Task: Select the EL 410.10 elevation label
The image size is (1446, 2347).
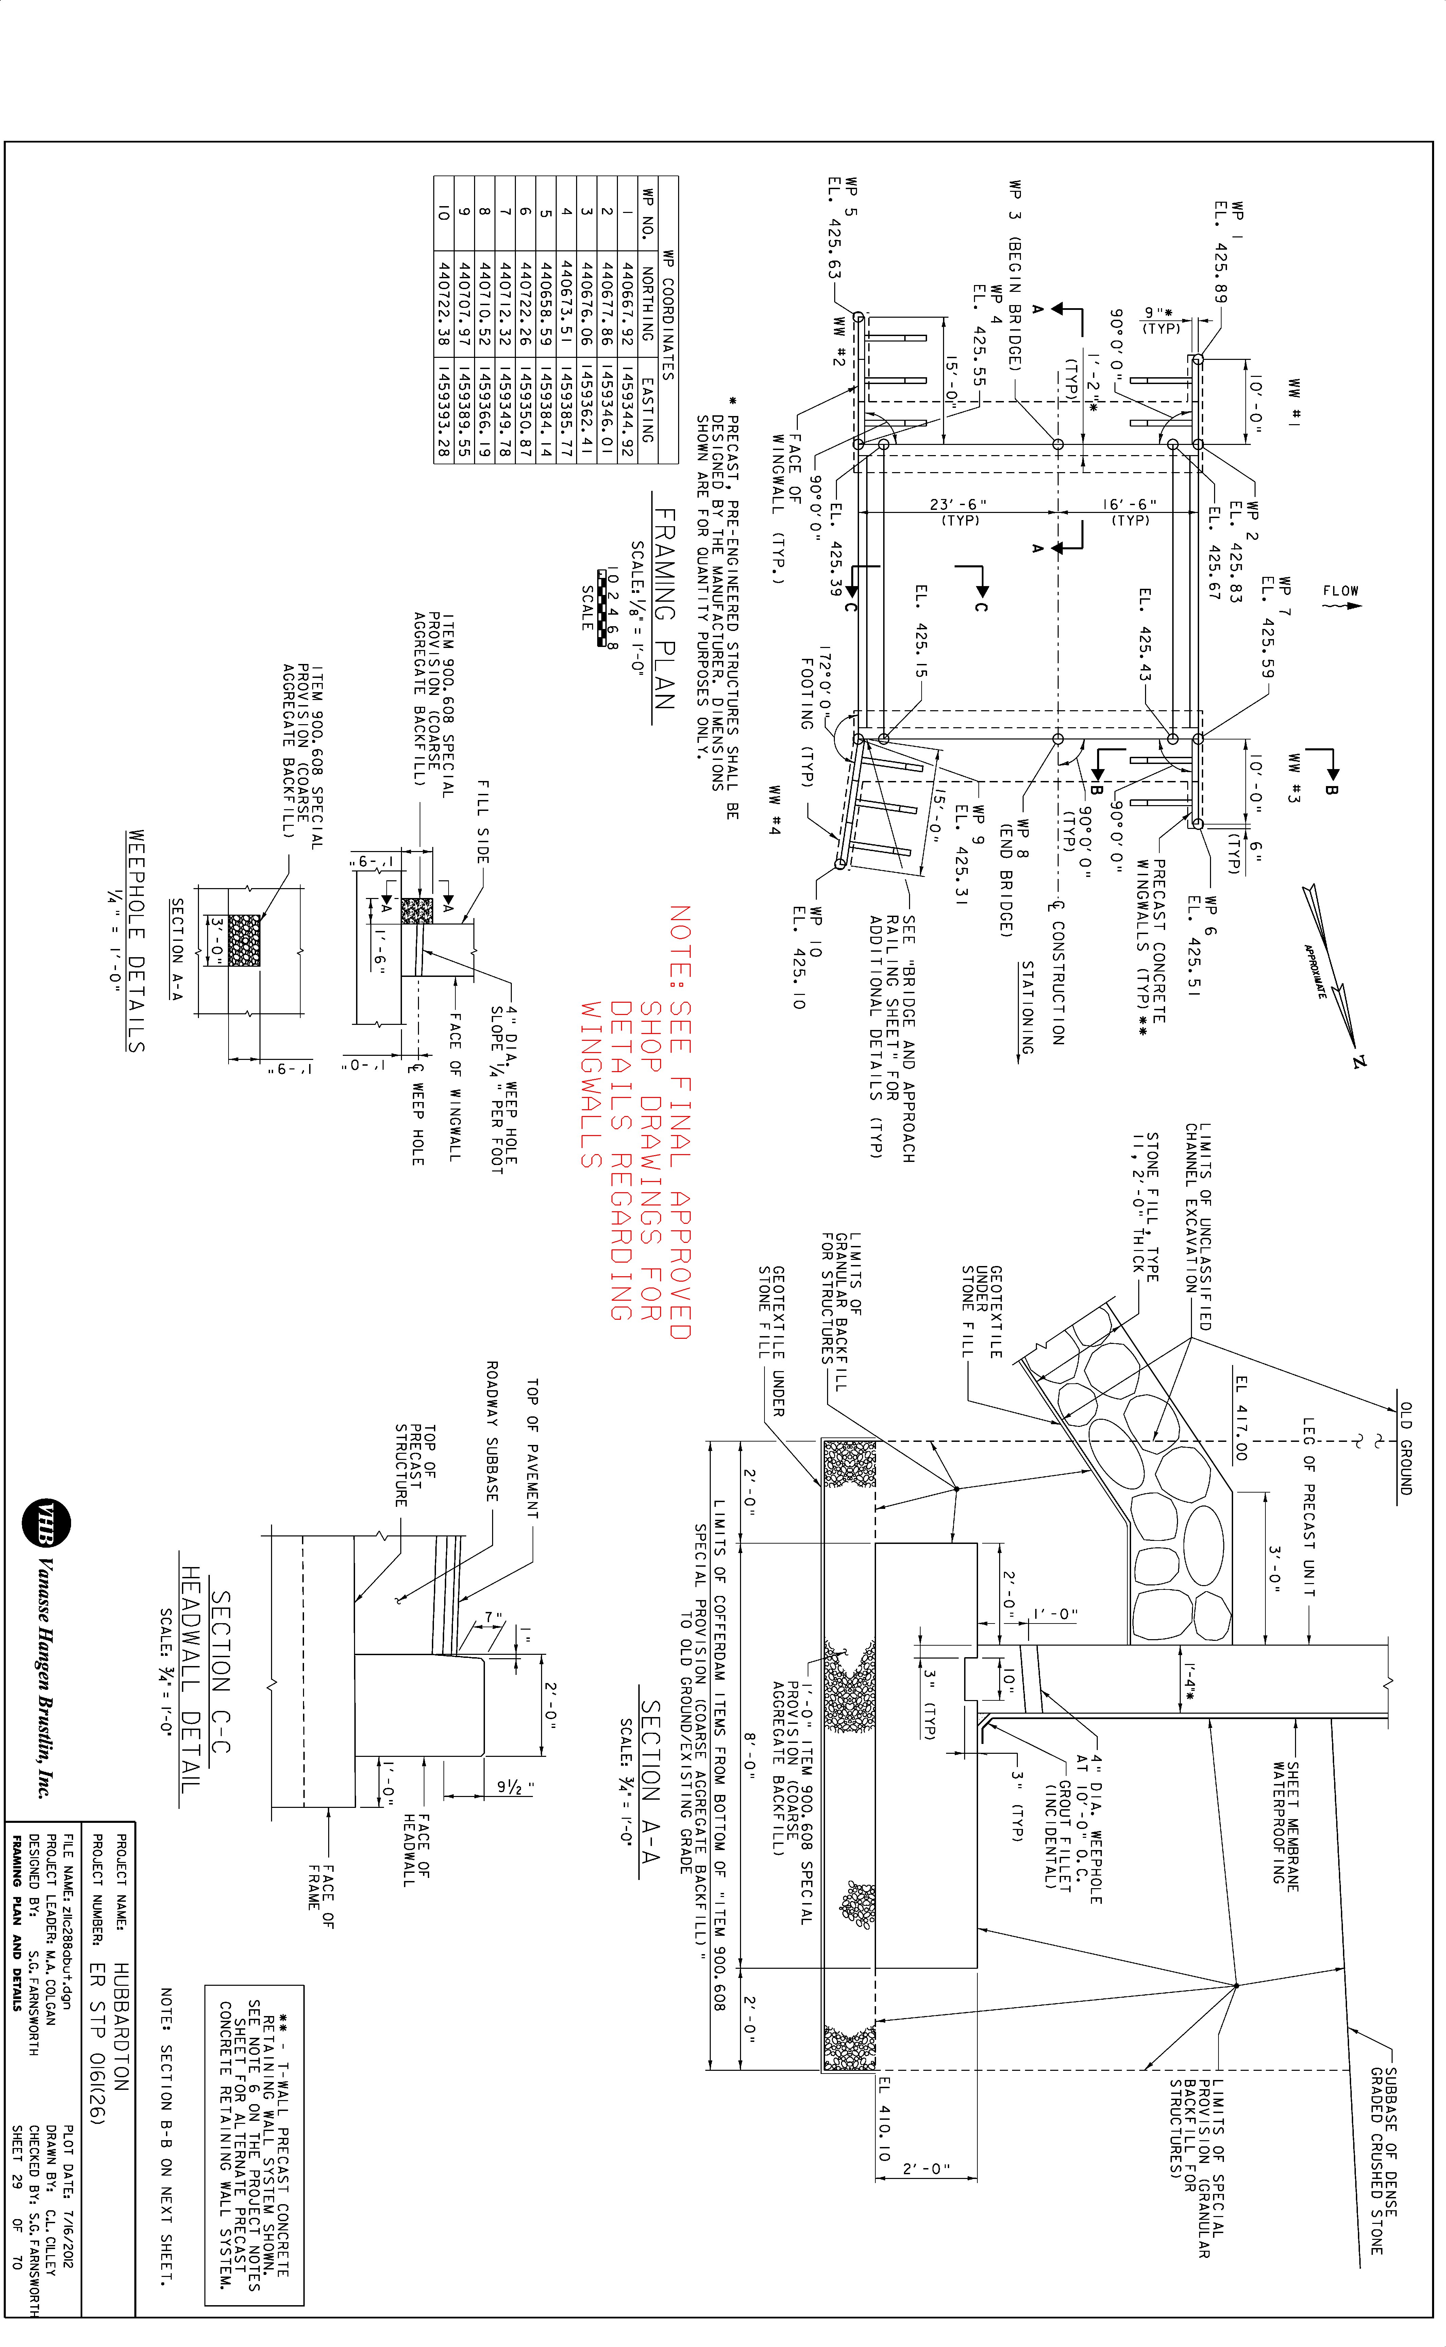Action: coord(884,2120)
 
